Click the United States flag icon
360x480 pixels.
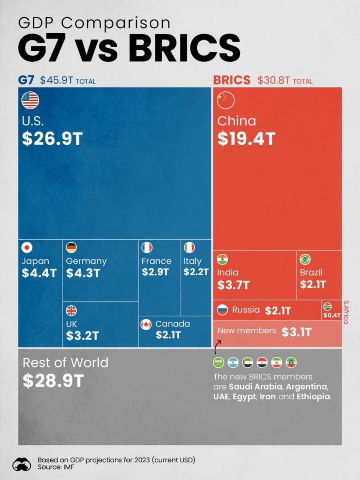(x=30, y=101)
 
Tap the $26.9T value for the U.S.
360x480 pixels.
(x=52, y=139)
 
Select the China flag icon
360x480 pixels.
(x=225, y=101)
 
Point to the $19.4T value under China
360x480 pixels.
(x=246, y=139)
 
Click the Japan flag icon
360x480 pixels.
(x=27, y=247)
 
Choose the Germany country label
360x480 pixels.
(x=86, y=261)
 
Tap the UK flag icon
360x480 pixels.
(x=71, y=310)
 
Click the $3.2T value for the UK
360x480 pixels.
(x=83, y=336)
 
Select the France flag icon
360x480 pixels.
(x=147, y=247)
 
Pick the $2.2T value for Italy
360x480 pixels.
(x=196, y=272)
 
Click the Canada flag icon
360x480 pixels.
(x=146, y=324)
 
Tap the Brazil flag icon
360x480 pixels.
(x=305, y=260)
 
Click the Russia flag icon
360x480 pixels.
(x=223, y=310)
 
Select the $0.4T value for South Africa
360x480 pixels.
(x=332, y=316)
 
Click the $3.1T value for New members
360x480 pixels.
(x=297, y=332)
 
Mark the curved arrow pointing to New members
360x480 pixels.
(x=217, y=347)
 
